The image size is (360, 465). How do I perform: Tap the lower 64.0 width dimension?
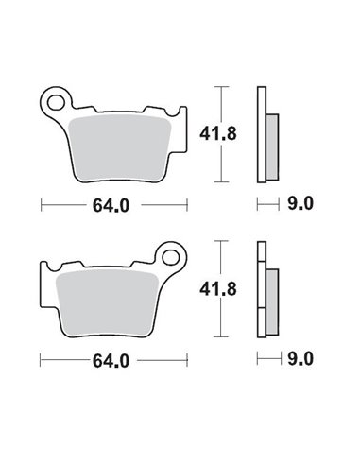[111, 359]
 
